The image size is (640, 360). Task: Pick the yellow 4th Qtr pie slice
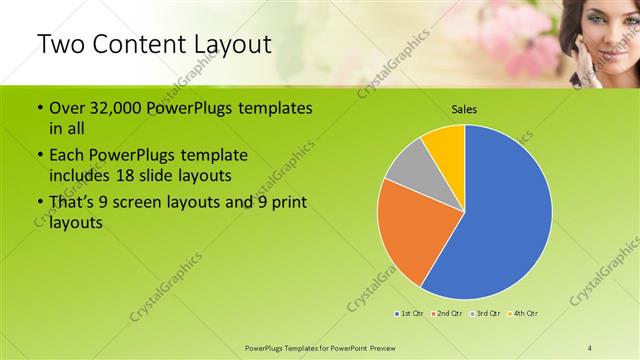444,145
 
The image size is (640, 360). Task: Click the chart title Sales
464,108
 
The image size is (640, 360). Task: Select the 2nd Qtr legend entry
447,314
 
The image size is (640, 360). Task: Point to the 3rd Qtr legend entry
486,314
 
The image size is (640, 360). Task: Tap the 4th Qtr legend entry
525,314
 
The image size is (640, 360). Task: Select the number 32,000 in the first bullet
111,108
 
